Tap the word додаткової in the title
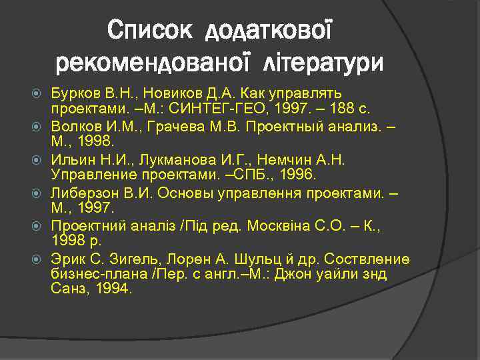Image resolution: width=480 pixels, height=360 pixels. (x=269, y=30)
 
